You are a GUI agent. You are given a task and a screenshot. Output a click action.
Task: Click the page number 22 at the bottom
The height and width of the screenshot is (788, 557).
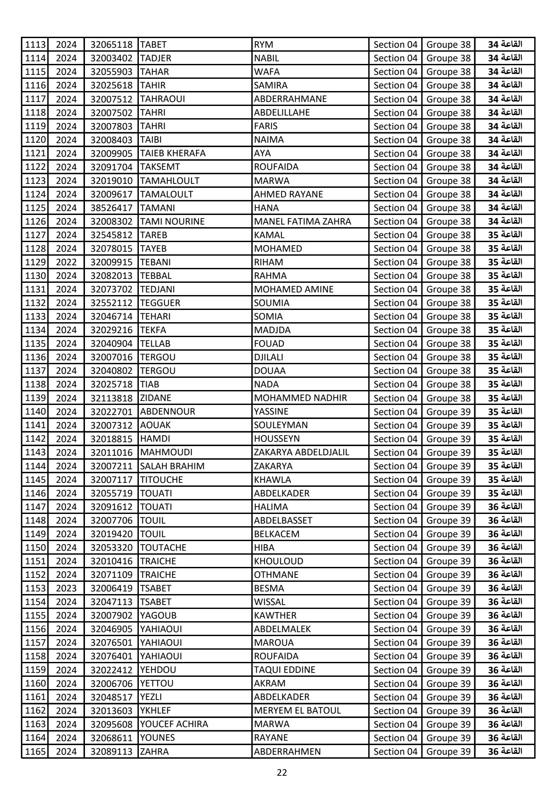(x=282, y=772)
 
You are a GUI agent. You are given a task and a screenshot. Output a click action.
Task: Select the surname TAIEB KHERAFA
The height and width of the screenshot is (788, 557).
(x=173, y=153)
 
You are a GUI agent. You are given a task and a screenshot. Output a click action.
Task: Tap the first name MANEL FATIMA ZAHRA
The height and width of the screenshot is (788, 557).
(x=302, y=222)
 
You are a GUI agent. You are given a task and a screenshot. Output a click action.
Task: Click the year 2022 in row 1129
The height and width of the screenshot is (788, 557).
(x=66, y=262)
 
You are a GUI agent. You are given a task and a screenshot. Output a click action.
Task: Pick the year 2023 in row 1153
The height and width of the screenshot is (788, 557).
(x=66, y=588)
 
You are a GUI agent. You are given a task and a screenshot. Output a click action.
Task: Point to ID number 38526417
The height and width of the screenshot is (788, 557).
(x=111, y=208)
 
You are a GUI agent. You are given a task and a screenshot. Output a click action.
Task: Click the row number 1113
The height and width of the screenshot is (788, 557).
(x=35, y=45)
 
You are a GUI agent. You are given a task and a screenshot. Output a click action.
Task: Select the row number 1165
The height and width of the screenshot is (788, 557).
(x=35, y=752)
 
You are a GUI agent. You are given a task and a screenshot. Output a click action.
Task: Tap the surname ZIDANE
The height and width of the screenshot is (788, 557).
(x=155, y=398)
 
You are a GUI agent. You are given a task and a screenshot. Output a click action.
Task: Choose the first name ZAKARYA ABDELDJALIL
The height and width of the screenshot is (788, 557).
(x=301, y=452)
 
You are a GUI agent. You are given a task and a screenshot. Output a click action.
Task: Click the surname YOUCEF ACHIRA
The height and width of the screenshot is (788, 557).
(x=174, y=725)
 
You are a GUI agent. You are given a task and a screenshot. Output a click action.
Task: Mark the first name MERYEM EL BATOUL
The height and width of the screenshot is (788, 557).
(x=297, y=711)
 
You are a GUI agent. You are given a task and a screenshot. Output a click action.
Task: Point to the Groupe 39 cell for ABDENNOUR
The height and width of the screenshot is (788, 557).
(x=448, y=412)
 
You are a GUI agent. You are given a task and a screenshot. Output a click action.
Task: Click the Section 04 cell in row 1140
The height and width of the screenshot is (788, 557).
(x=395, y=412)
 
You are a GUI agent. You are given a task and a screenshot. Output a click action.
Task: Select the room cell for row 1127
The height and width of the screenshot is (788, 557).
(x=505, y=235)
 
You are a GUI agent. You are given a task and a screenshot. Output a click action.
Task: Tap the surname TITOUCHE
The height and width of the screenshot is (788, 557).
(x=161, y=480)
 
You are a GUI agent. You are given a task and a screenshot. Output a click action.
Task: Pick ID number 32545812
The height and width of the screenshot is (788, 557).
(x=111, y=235)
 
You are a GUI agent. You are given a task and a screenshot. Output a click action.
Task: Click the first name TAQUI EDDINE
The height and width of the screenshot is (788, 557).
(x=284, y=670)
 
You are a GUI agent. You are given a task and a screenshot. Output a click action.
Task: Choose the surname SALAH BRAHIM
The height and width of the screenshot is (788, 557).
(x=172, y=466)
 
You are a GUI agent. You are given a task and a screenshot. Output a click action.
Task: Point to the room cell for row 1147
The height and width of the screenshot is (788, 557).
(x=505, y=507)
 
